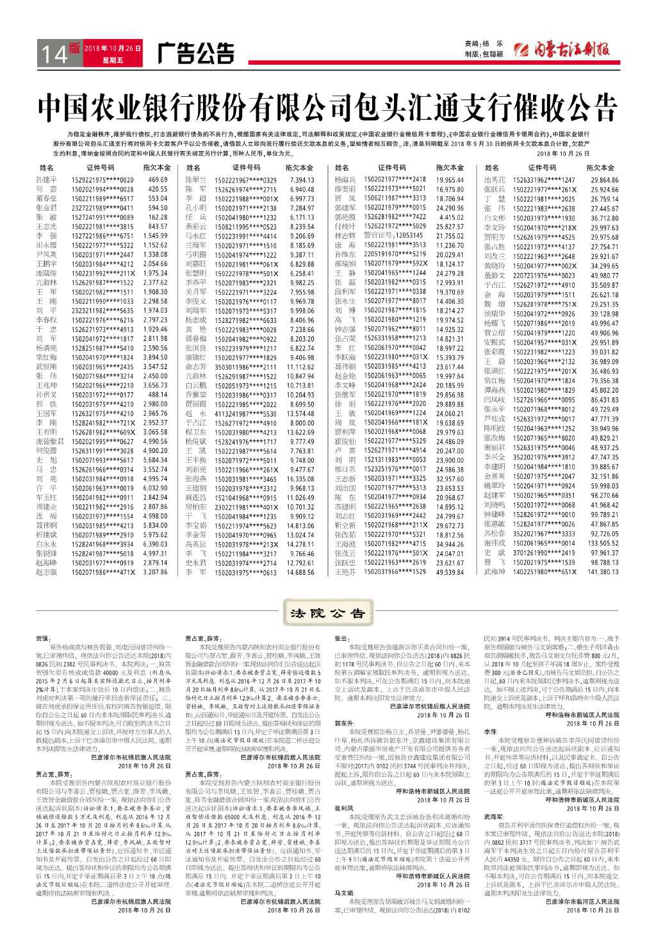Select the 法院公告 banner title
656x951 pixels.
click(x=327, y=613)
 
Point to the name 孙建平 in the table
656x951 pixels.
click(x=46, y=180)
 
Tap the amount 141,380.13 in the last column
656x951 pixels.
click(x=603, y=572)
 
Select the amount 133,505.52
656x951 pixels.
click(x=603, y=543)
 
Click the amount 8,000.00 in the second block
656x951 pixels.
click(x=302, y=423)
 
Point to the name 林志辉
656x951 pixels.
click(x=345, y=236)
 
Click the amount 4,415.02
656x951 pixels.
click(x=451, y=217)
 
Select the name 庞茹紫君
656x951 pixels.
click(x=49, y=442)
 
